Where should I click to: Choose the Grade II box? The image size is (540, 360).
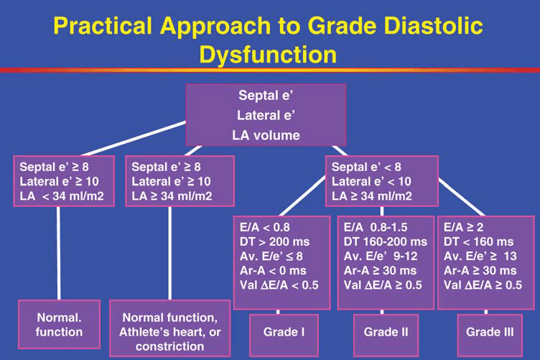click(x=385, y=331)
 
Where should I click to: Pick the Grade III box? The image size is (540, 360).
click(x=489, y=331)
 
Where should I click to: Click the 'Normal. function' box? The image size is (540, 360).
click(x=60, y=326)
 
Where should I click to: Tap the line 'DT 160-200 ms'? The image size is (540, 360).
click(x=385, y=241)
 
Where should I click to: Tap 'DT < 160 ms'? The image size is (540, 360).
click(x=479, y=241)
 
